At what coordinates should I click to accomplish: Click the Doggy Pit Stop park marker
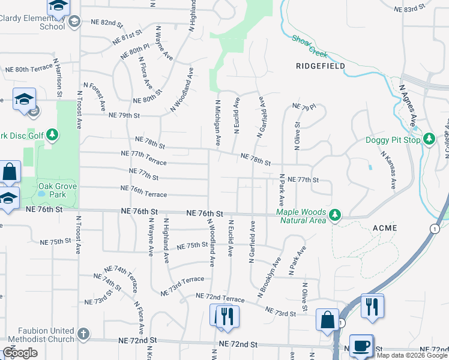429,139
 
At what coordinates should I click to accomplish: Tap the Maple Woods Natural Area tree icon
336,214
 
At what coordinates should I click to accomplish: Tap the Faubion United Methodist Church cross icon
83,332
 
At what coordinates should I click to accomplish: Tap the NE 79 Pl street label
304,107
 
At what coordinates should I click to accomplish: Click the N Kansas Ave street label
387,170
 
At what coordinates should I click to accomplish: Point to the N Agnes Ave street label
408,106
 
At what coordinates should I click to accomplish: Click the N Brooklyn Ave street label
270,278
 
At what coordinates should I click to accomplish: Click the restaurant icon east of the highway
373,307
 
